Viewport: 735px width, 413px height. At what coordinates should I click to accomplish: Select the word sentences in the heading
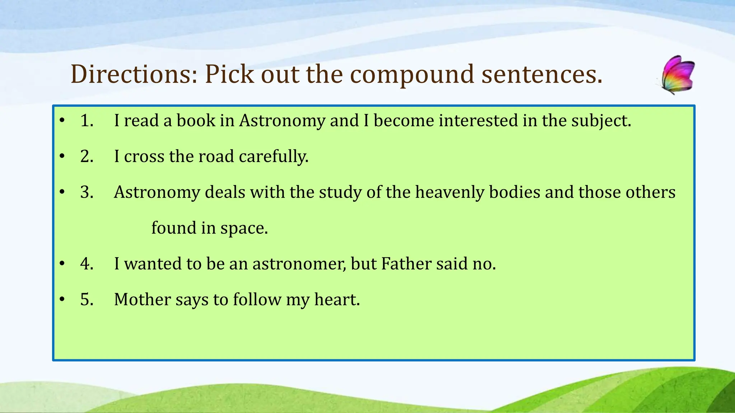542,74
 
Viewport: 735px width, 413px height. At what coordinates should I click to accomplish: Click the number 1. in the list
87,120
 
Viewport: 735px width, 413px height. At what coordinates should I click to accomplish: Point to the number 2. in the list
87,156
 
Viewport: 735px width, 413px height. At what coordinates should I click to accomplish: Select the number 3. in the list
87,192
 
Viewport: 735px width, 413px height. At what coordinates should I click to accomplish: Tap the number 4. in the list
87,264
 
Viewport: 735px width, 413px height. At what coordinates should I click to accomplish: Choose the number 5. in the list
87,300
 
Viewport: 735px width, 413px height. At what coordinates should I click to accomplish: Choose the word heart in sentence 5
337,300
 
